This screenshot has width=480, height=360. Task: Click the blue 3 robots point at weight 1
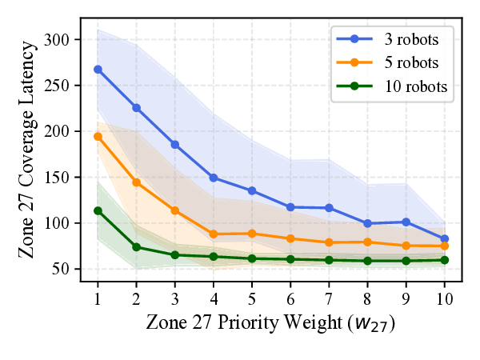point(98,70)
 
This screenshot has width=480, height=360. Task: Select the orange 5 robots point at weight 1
point(98,136)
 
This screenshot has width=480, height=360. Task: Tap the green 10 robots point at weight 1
point(98,210)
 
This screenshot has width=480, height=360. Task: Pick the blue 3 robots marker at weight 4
point(214,178)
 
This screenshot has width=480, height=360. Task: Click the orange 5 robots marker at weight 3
point(174,210)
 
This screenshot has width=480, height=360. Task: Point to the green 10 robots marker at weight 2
point(136,246)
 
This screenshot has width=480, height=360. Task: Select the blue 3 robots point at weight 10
point(445,238)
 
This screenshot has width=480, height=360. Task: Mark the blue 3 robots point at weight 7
point(329,208)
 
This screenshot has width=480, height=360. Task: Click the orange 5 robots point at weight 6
point(290,238)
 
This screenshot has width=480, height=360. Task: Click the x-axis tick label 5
point(252,298)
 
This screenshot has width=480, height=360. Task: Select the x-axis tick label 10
point(445,298)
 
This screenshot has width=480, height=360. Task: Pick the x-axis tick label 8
point(367,298)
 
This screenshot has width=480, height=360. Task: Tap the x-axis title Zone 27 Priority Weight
point(271,323)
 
